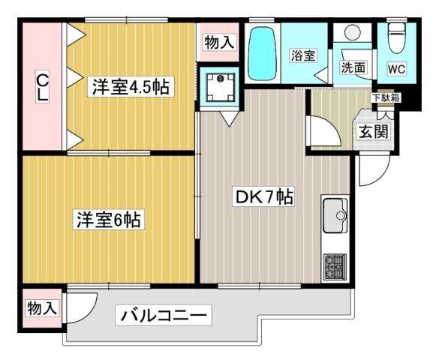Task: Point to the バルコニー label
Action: pyautogui.click(x=163, y=315)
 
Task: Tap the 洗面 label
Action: pyautogui.click(x=353, y=67)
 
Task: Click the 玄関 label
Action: pyautogui.click(x=371, y=133)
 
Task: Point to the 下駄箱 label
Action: pyautogui.click(x=384, y=97)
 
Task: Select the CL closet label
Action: pyautogui.click(x=43, y=88)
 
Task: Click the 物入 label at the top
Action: pyautogui.click(x=218, y=43)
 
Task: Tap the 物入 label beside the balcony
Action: pyautogui.click(x=42, y=307)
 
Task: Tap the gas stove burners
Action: pyautogui.click(x=334, y=264)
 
